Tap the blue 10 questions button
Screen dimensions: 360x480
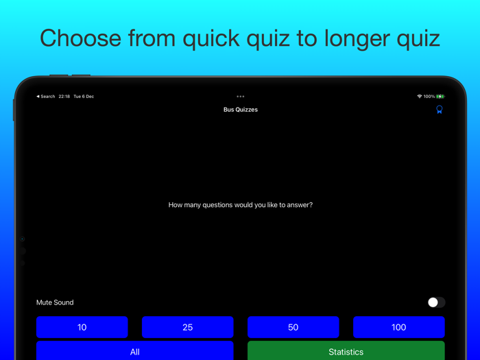point(82,327)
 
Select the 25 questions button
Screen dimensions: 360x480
point(188,327)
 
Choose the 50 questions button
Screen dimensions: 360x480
point(293,327)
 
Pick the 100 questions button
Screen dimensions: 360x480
point(399,327)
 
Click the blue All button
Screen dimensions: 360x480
point(135,351)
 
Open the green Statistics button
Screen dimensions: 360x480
point(346,351)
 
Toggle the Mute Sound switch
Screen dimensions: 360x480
point(436,302)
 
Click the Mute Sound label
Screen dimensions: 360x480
point(55,302)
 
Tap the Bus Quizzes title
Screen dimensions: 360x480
point(241,110)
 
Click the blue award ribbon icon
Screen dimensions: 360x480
point(440,110)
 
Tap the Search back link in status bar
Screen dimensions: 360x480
point(46,97)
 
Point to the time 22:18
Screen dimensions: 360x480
point(64,97)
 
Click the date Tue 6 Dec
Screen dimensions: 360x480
point(84,97)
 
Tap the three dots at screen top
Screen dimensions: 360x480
point(241,97)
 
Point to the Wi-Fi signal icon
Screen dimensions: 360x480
point(419,97)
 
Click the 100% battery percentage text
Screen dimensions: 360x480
point(429,97)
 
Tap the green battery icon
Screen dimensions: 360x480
point(440,97)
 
